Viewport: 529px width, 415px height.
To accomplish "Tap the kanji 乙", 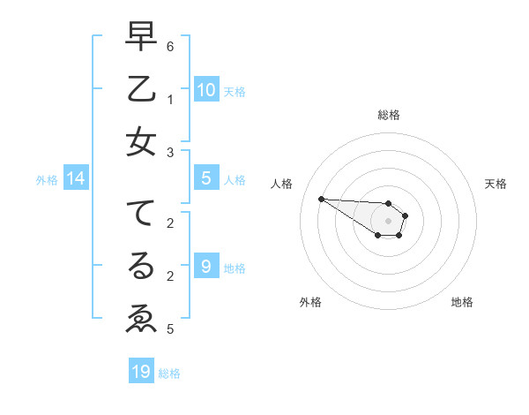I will click(x=141, y=89).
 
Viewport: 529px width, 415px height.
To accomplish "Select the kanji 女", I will click(x=141, y=142).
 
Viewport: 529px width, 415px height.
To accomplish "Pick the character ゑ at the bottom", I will click(x=141, y=318).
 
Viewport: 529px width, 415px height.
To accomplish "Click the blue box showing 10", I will click(x=206, y=89).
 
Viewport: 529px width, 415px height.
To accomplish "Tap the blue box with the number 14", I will click(x=76, y=178).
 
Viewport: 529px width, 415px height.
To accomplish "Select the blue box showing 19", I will click(x=141, y=372).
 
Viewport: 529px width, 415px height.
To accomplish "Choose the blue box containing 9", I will click(x=206, y=266).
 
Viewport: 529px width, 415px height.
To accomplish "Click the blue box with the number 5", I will click(x=206, y=178).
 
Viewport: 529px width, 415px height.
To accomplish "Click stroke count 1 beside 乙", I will click(x=170, y=99).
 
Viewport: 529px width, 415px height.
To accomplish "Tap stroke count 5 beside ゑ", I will click(x=170, y=329).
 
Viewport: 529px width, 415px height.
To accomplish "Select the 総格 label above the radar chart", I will click(x=389, y=115).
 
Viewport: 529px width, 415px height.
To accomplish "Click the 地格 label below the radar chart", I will click(x=462, y=302).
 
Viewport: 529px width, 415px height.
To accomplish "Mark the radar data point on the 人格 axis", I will click(x=321, y=199).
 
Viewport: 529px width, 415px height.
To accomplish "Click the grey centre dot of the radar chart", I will click(x=389, y=221).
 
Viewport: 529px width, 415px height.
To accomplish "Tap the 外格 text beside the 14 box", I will click(x=47, y=180).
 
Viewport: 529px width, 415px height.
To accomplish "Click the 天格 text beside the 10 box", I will click(x=234, y=91).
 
